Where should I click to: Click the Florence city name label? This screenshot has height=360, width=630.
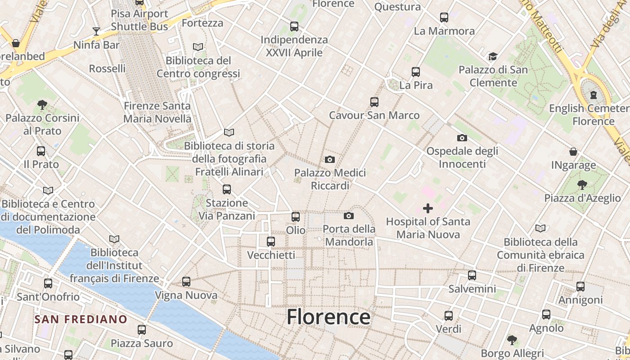(328, 317)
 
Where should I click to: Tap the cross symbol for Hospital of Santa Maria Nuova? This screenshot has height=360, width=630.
(428, 208)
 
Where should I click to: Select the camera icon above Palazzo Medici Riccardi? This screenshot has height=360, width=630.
(330, 160)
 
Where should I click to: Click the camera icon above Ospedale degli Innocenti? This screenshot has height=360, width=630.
(462, 138)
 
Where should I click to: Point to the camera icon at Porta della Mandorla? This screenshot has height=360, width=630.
(349, 216)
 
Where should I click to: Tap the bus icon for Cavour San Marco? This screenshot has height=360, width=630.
(374, 102)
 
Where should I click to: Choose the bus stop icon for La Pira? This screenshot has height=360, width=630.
(416, 72)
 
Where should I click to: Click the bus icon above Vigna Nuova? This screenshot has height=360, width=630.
(186, 282)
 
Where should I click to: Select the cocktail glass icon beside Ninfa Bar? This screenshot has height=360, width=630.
(96, 31)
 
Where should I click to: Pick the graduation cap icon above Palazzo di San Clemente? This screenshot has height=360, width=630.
(493, 57)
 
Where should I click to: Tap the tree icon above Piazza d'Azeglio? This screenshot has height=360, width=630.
(582, 184)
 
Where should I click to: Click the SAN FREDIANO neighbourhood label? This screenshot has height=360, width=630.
(81, 319)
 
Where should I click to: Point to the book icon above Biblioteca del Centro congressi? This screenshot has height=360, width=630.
(198, 47)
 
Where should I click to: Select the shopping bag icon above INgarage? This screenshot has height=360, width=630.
(573, 152)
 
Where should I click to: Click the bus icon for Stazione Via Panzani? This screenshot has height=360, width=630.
(227, 189)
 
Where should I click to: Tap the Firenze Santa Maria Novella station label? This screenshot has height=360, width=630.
(157, 112)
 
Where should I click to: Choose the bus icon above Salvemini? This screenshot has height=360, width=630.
(472, 275)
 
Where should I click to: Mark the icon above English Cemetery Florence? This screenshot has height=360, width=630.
(594, 95)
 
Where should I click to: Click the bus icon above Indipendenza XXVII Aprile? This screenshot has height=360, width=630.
(294, 27)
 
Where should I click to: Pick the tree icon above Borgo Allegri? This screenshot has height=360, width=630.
(512, 340)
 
